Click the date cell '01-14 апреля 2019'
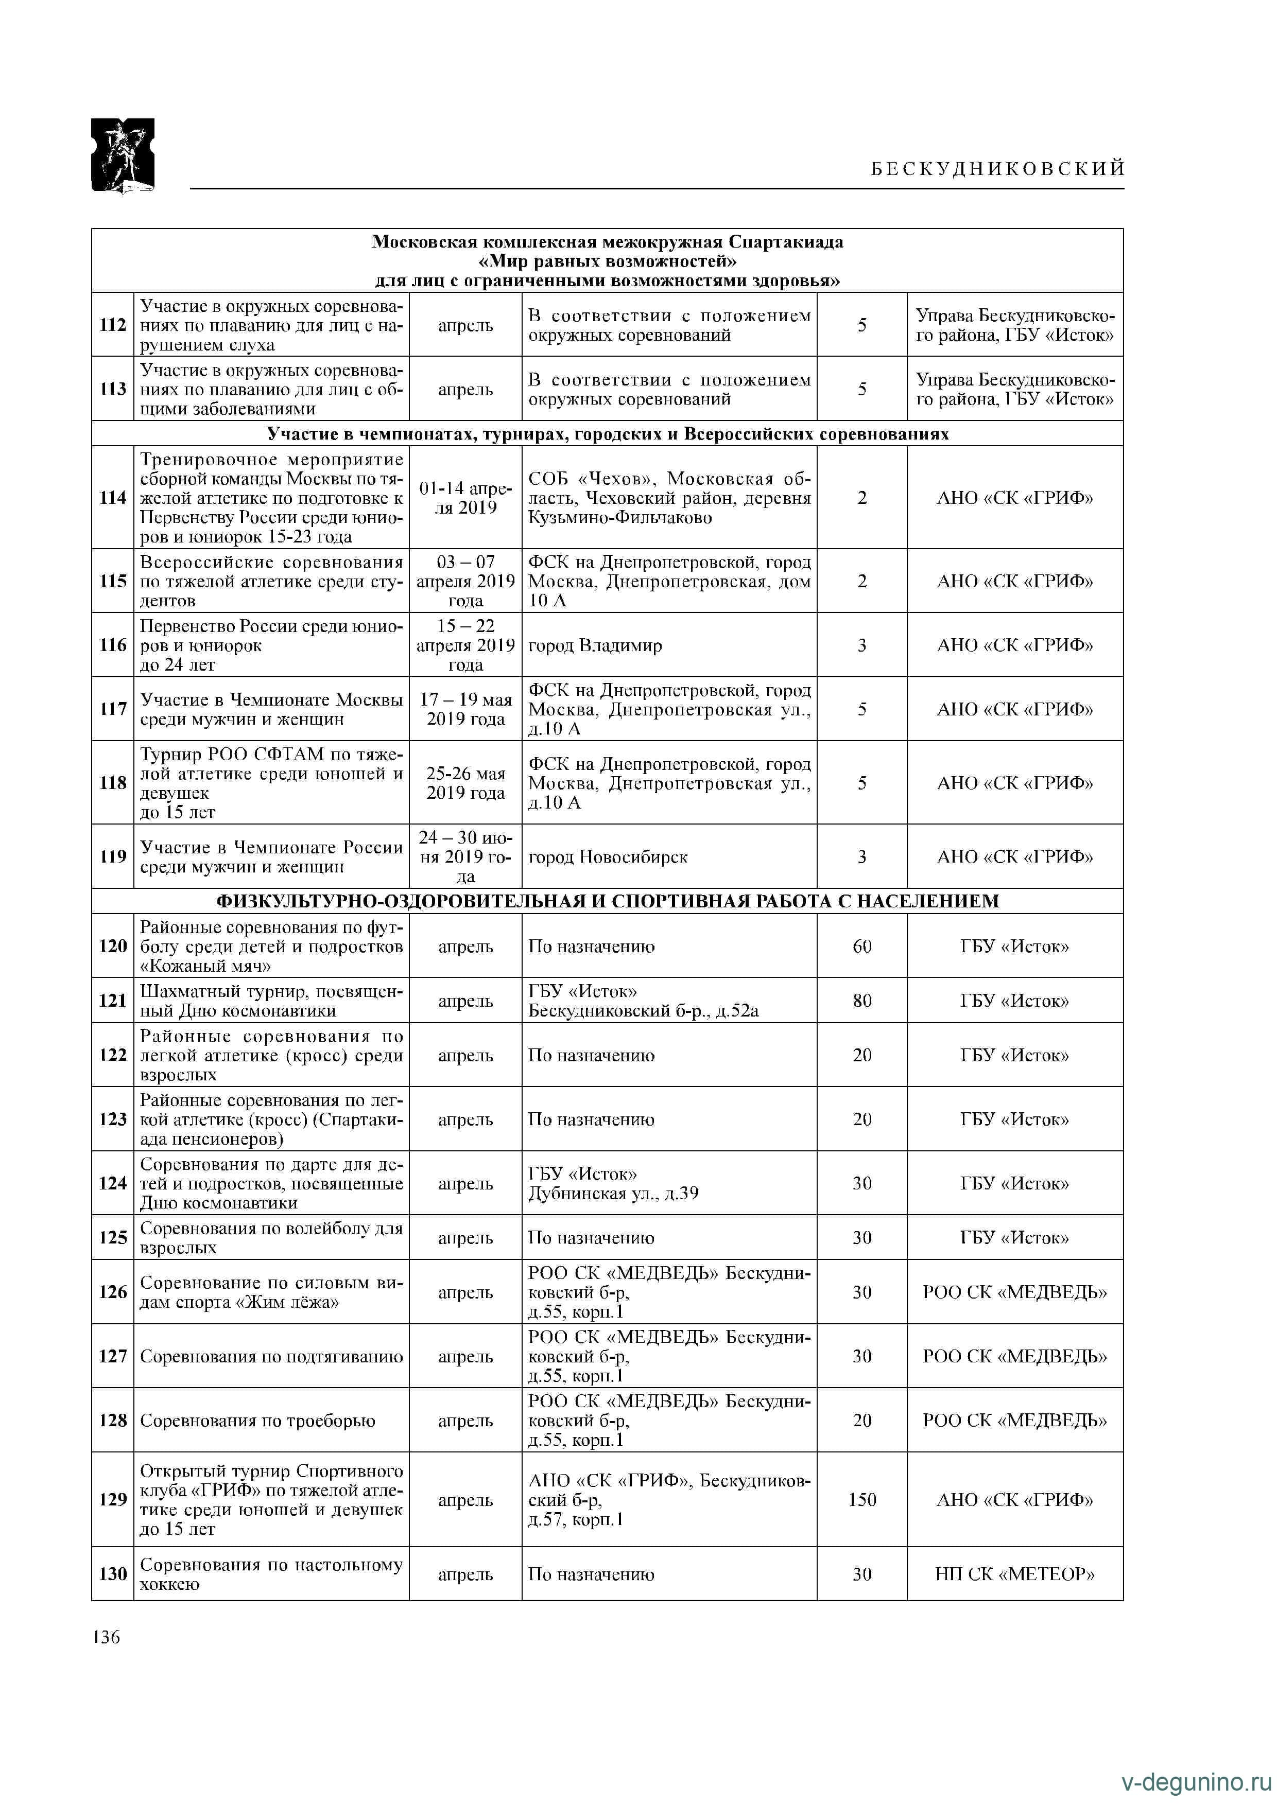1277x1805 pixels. pos(465,498)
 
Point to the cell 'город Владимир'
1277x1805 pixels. pos(595,645)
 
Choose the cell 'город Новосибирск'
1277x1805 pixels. pos(608,857)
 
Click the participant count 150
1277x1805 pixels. pos(862,1500)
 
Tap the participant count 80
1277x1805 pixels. pos(862,1001)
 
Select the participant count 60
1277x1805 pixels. pos(862,947)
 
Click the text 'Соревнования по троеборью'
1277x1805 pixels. pos(257,1421)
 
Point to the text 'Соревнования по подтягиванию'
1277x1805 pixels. pos(271,1356)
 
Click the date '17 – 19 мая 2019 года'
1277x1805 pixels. pos(465,709)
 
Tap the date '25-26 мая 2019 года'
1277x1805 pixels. pos(465,783)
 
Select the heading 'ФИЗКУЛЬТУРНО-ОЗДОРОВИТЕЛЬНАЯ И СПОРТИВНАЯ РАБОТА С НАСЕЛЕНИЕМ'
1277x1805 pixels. pos(607,901)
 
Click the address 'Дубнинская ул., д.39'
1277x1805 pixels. pos(613,1194)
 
